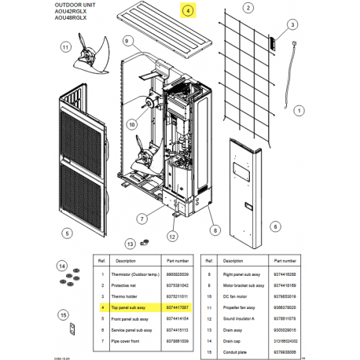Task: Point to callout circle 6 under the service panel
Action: [x=275, y=225]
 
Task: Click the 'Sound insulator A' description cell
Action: [x=245, y=320]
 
